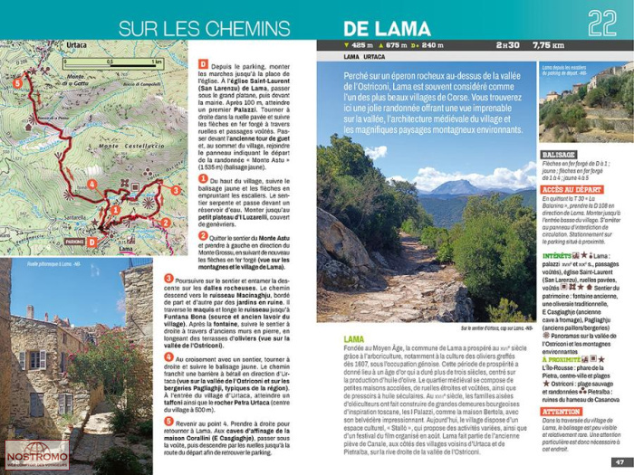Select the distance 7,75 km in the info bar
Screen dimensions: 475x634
point(549,44)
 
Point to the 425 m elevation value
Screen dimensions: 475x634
point(361,44)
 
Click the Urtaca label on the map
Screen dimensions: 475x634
point(77,45)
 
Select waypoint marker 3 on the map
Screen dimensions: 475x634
point(175,190)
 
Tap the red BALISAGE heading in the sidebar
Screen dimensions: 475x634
point(559,155)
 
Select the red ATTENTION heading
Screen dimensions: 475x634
point(561,411)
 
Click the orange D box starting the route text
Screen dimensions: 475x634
point(204,63)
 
